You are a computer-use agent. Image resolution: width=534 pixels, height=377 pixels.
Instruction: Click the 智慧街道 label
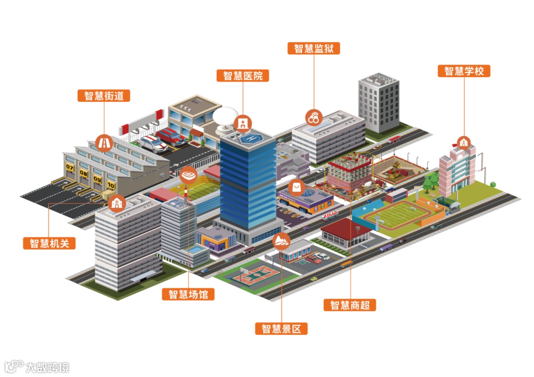[x=104, y=95]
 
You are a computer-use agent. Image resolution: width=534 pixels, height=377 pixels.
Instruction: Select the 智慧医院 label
[x=243, y=76]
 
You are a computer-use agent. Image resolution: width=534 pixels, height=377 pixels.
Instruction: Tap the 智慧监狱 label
[x=314, y=48]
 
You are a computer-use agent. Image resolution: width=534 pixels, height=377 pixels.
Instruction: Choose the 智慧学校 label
[x=464, y=71]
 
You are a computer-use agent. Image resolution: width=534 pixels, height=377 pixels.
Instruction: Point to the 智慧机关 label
[x=49, y=243]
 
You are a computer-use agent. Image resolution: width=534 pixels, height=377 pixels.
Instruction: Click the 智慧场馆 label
[x=188, y=294]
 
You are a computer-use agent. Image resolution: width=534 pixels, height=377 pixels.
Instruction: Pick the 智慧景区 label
[x=281, y=329]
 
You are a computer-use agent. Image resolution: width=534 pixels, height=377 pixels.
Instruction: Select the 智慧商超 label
[x=350, y=305]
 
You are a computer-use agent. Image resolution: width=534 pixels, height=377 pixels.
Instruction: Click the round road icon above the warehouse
[x=104, y=142]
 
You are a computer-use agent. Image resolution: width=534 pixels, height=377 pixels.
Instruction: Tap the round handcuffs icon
[x=314, y=118]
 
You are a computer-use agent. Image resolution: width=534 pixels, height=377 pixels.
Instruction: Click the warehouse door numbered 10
[x=110, y=187]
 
